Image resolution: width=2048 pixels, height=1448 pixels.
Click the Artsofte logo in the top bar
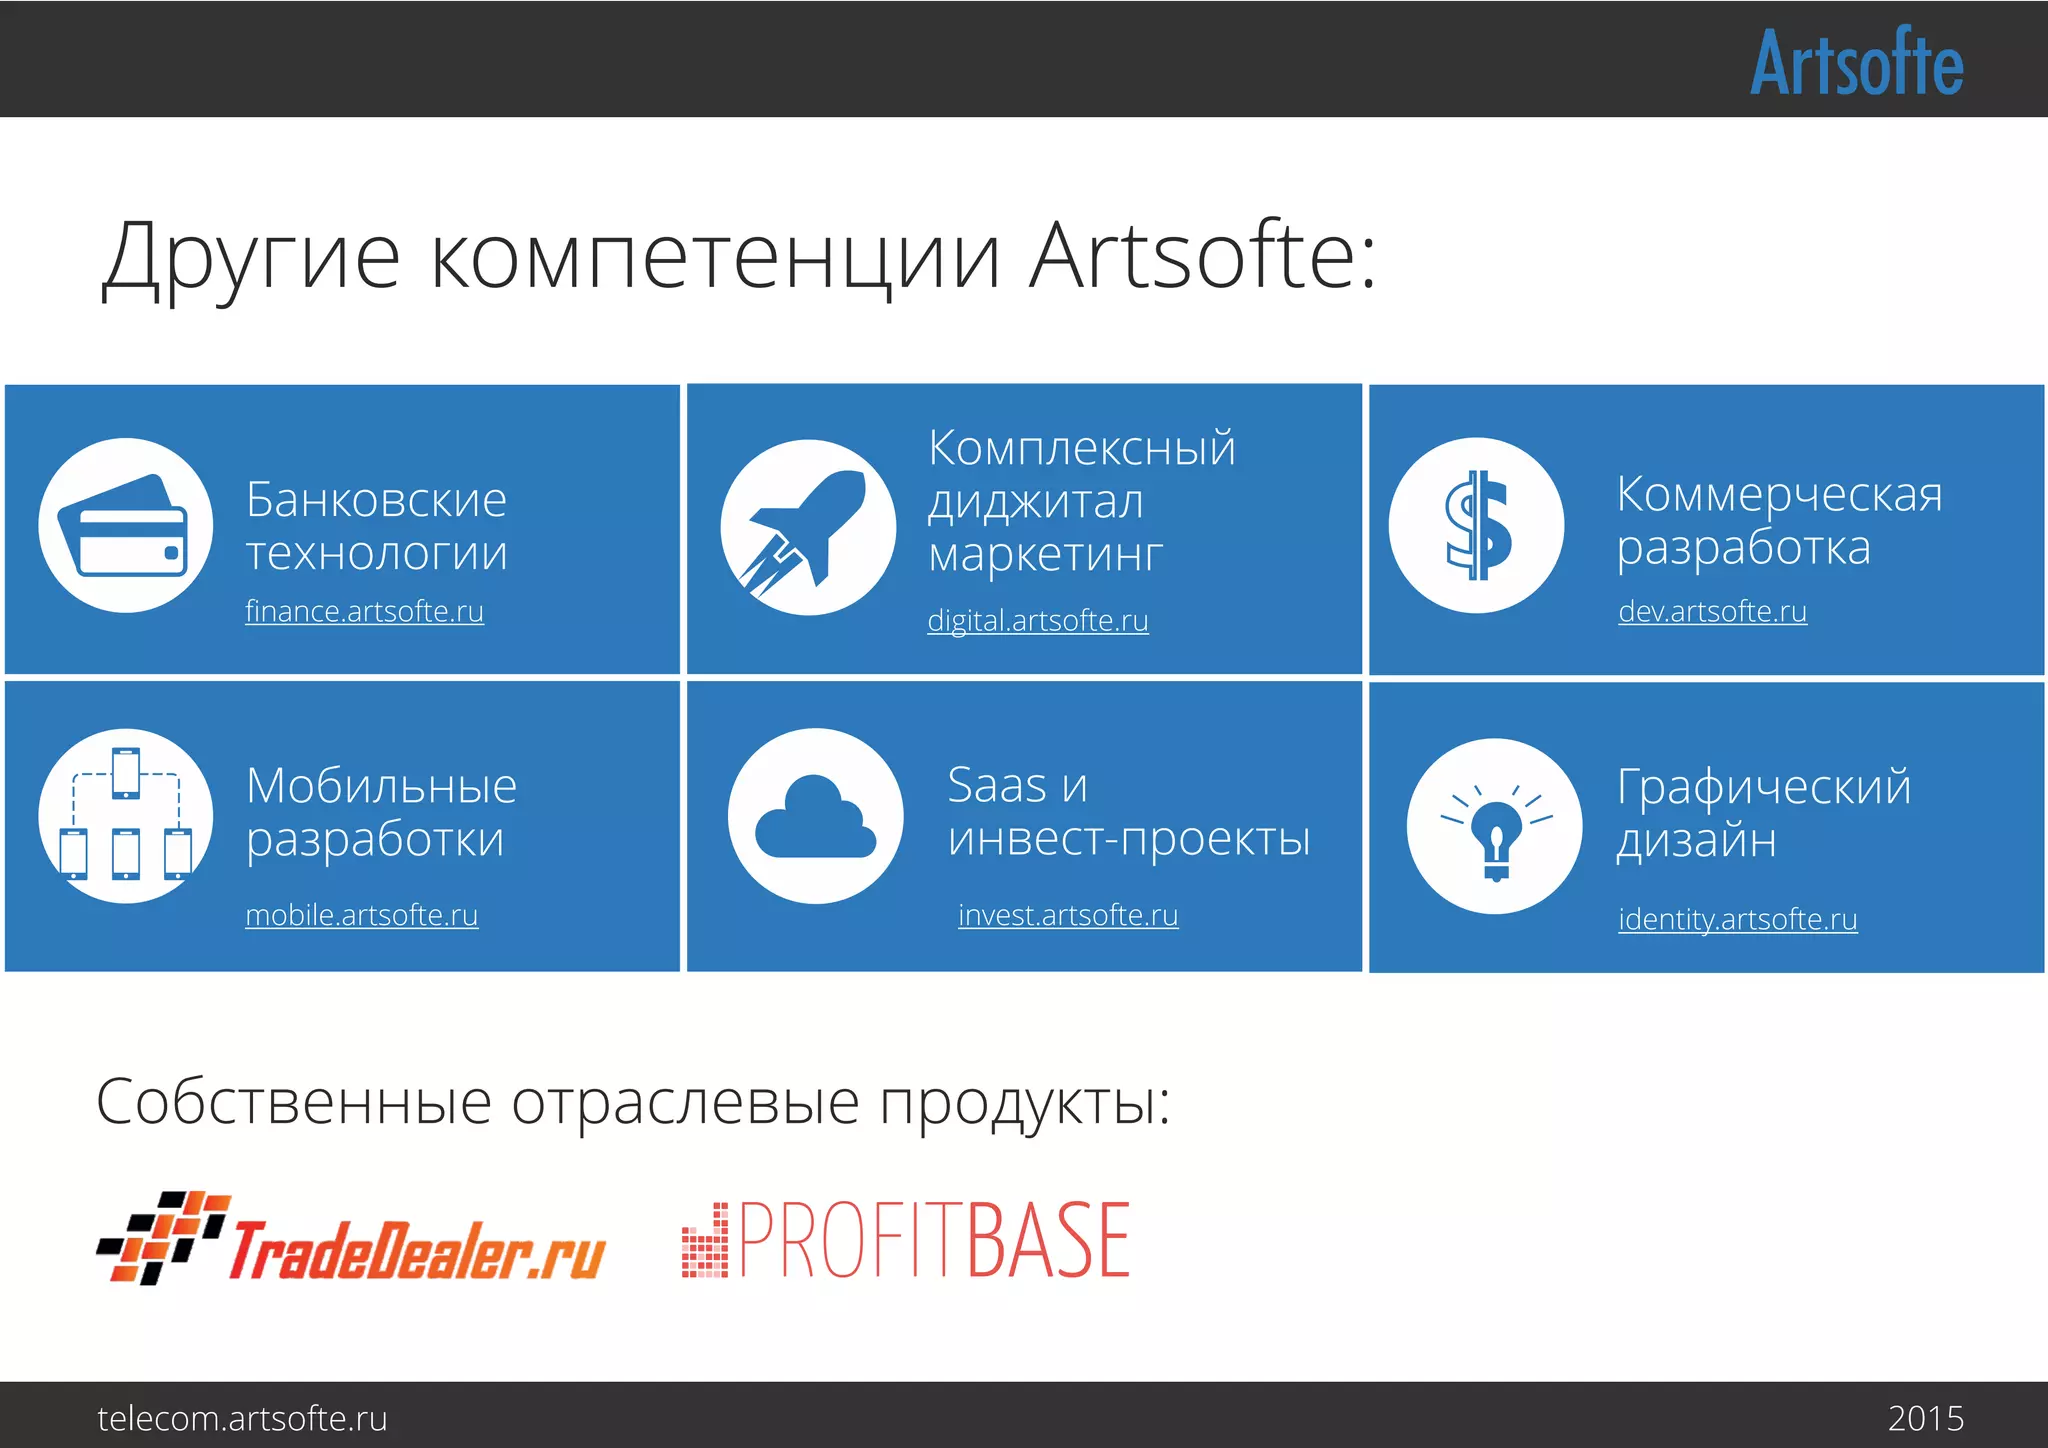1856,62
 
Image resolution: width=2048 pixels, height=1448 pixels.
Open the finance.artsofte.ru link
364,611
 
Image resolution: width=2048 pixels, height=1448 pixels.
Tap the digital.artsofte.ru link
1037,620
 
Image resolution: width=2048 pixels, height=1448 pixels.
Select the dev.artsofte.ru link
1712,611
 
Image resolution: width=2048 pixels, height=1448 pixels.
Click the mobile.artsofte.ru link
361,915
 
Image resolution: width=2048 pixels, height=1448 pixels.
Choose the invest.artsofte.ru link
1067,915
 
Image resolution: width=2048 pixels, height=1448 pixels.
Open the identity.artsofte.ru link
1737,919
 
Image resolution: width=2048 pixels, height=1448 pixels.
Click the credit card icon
125,525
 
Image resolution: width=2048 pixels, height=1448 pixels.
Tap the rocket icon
807,527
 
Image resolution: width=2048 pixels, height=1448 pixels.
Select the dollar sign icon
1476,525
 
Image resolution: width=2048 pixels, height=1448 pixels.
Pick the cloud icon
815,817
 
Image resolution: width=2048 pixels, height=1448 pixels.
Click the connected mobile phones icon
125,816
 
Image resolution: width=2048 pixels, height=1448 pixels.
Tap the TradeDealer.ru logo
350,1240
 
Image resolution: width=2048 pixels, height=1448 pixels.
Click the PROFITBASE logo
906,1240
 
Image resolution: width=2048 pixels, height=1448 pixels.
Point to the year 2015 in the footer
1925,1418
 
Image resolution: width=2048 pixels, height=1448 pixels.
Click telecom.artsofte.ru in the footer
242,1418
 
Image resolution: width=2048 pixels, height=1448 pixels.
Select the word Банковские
376,499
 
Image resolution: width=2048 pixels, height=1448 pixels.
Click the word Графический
1763,787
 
